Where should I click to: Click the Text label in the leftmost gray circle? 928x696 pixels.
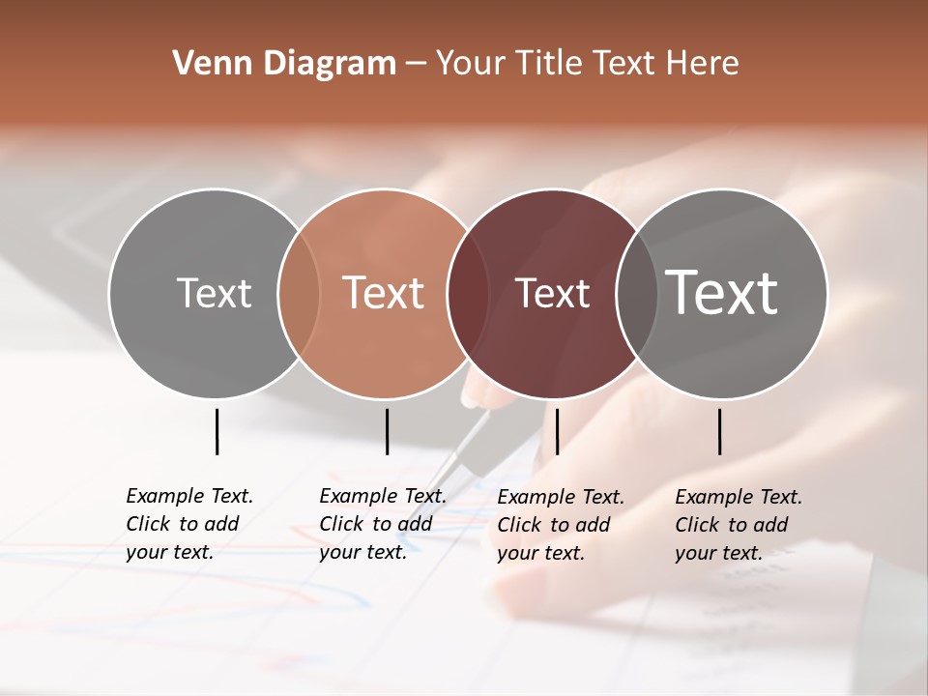coord(214,293)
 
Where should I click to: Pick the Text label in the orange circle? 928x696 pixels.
coord(383,293)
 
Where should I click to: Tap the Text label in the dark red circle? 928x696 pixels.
coord(552,293)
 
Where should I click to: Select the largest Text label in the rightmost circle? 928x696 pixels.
coord(721,293)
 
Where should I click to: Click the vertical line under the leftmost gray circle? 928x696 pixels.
coord(217,431)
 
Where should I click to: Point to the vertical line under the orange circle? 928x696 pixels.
coord(387,431)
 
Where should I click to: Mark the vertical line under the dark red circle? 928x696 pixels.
coord(558,431)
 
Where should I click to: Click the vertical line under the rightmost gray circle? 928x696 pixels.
coord(720,431)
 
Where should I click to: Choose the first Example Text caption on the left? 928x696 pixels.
coord(189,524)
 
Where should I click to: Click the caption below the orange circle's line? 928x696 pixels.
coord(383,524)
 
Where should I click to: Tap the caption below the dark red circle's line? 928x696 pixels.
coord(561,525)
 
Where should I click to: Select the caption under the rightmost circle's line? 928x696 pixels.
coord(739,525)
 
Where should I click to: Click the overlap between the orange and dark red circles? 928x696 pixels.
coord(459,293)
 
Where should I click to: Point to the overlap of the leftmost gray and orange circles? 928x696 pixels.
coord(299,293)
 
